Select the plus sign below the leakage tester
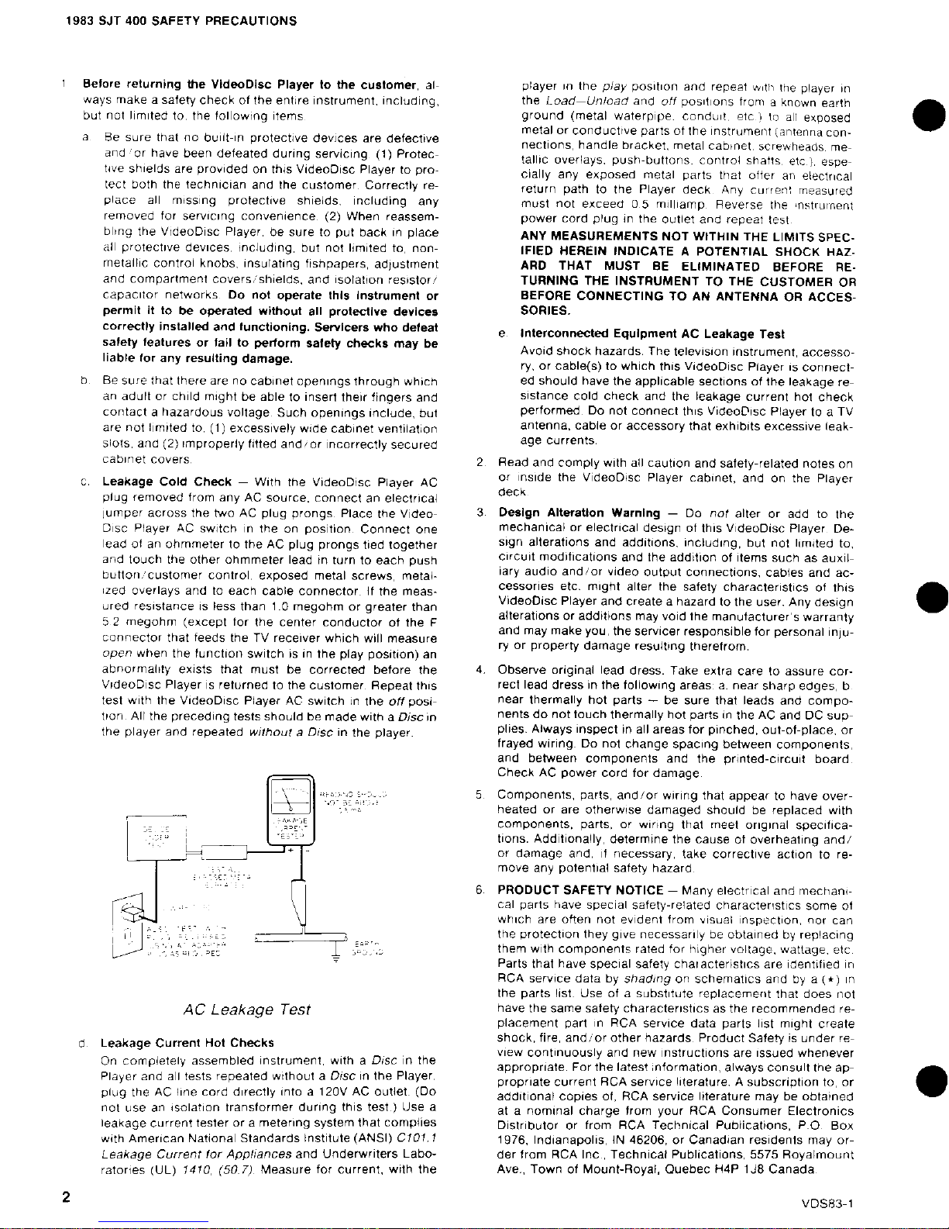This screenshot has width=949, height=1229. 288,849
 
